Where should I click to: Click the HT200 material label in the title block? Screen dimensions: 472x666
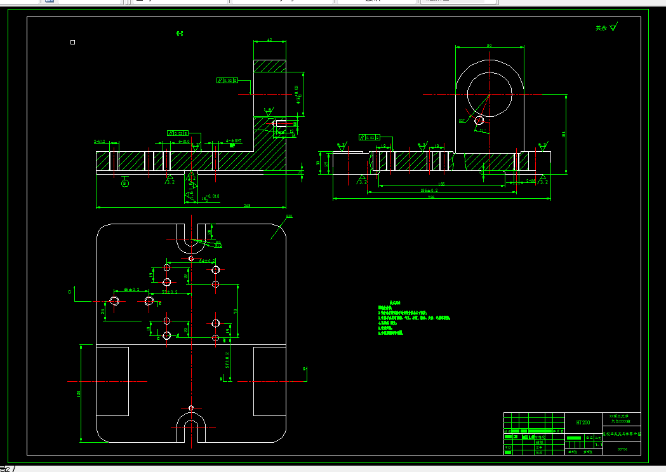pos(583,422)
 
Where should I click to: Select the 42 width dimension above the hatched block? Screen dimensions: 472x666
pos(269,40)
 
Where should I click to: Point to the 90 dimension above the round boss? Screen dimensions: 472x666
pos(490,46)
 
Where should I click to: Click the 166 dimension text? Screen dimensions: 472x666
pos(441,184)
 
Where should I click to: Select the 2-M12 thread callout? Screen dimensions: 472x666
pos(100,142)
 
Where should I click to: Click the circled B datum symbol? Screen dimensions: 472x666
pos(124,184)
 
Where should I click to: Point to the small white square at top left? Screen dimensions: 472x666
pos(73,43)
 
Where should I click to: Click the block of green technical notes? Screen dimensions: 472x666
pos(413,318)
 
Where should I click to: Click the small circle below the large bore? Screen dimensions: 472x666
pos(479,119)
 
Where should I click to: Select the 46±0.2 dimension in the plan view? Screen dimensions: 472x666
pos(132,290)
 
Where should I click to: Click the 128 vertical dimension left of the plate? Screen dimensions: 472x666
pos(79,394)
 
